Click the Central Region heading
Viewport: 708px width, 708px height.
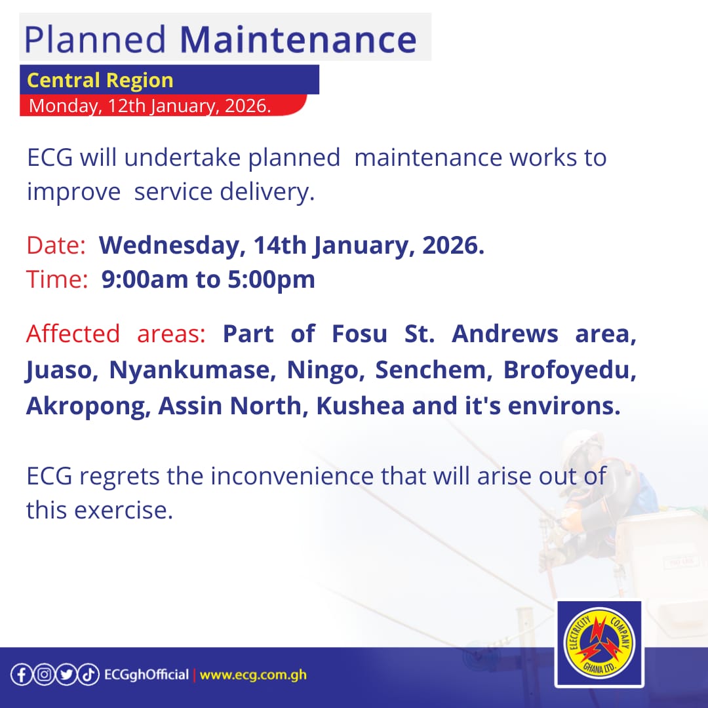(x=100, y=80)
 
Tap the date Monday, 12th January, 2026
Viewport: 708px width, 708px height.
(x=149, y=106)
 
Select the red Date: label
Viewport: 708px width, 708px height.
(x=56, y=246)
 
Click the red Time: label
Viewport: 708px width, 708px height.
(x=57, y=280)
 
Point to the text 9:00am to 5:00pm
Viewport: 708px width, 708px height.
(x=208, y=280)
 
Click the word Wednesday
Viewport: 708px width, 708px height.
(x=168, y=246)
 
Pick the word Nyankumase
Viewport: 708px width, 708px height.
(x=190, y=370)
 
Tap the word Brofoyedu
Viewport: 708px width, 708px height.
(x=569, y=370)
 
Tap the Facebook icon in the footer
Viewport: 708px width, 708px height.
(x=21, y=675)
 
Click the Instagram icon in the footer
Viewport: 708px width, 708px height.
(x=43, y=675)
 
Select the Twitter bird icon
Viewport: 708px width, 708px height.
(x=66, y=675)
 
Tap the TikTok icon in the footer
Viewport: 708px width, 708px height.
(x=88, y=675)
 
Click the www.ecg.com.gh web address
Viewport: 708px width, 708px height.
(x=253, y=675)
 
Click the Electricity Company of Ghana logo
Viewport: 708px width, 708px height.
(x=599, y=643)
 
